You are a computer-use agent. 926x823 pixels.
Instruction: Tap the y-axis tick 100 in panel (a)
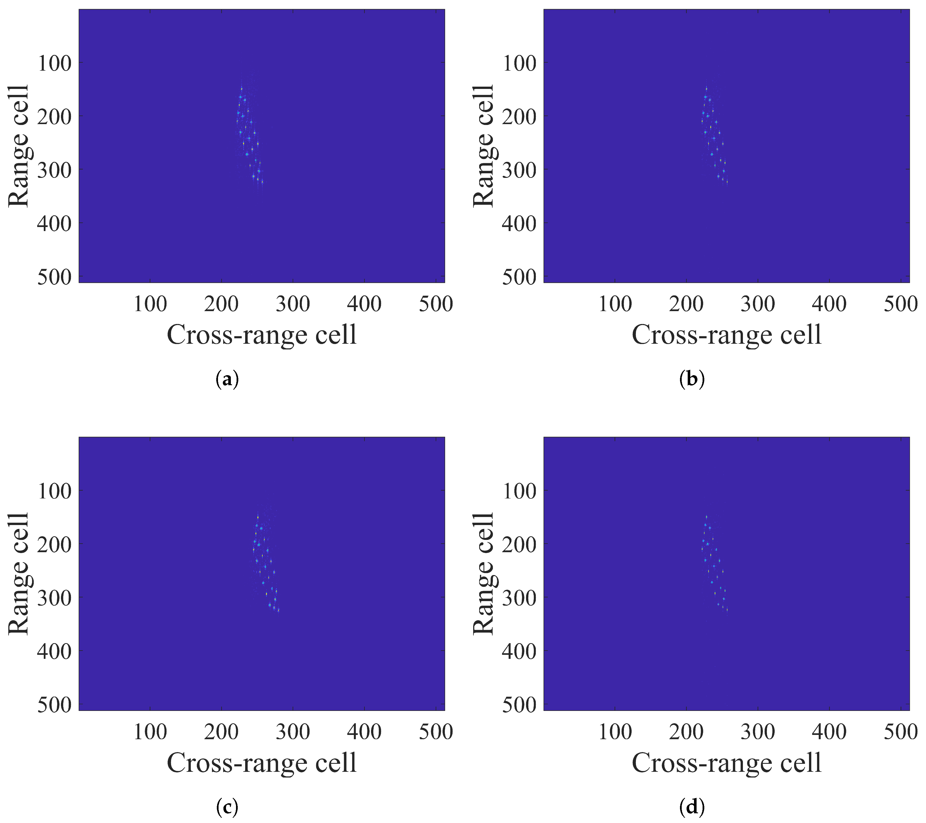54,63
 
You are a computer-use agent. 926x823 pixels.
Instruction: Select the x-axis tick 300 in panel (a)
293,304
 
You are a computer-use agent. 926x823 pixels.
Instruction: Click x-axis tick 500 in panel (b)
900,304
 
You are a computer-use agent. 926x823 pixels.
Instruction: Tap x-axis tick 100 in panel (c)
150,732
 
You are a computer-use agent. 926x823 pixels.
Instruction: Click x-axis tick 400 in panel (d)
829,732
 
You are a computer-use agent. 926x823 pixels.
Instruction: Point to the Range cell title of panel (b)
483,146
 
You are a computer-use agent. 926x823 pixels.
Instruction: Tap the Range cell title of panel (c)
18,574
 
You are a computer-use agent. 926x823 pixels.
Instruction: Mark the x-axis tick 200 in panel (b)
686,304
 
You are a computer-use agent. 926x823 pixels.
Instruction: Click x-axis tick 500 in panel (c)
435,732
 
